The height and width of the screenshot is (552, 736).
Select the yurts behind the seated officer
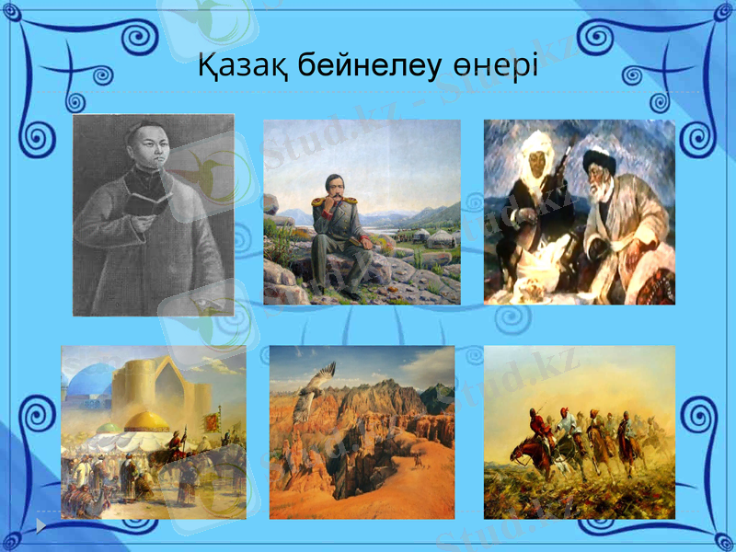pos(431,240)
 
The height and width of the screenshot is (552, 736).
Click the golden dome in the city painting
pos(146,420)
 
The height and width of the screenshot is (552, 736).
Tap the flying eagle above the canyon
pos(317,387)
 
